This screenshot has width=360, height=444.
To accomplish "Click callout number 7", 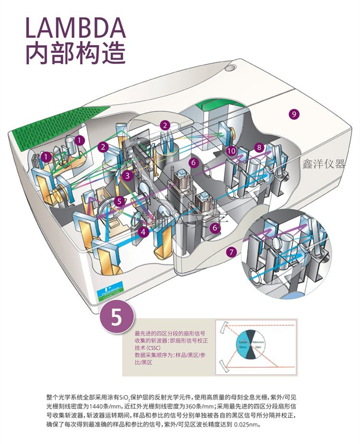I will point(232,251).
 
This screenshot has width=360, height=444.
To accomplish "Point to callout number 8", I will point(259,147).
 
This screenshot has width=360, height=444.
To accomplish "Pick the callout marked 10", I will point(231,151).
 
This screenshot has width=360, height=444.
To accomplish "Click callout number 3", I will point(127,176).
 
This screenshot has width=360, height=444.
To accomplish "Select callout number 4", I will point(143,232).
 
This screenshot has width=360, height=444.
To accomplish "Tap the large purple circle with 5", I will point(117,318).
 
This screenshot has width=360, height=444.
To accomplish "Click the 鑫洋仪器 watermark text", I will point(324,164).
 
